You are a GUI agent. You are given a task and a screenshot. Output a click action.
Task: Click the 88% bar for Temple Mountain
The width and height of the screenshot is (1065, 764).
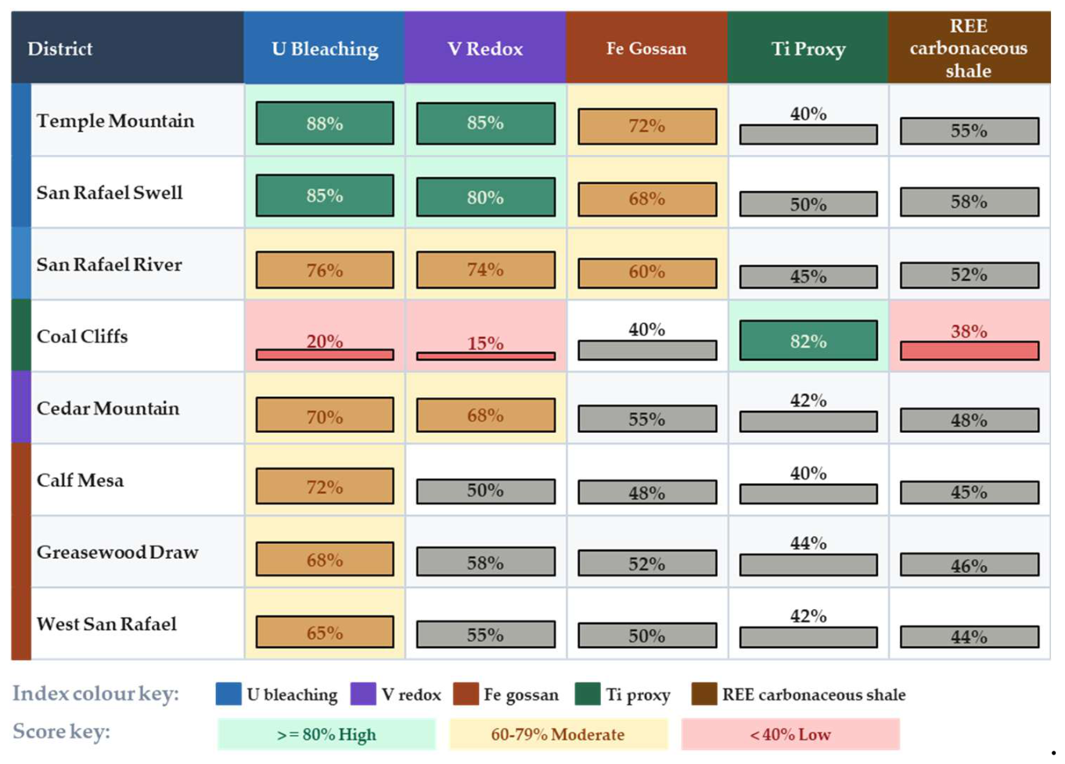325,123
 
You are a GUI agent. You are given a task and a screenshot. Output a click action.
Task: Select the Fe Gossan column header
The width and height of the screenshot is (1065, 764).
646,48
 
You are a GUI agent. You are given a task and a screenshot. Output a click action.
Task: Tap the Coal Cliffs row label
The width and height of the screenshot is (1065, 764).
82,337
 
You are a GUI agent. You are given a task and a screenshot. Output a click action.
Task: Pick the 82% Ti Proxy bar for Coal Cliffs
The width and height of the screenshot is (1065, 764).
808,341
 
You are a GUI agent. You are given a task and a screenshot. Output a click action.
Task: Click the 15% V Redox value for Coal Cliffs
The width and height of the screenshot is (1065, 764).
485,343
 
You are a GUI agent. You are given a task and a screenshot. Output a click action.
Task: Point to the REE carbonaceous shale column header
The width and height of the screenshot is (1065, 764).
969,48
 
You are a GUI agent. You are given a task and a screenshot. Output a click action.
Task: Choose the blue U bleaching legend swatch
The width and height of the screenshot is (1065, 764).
228,694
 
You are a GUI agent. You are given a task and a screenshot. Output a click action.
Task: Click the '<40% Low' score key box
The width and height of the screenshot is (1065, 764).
790,734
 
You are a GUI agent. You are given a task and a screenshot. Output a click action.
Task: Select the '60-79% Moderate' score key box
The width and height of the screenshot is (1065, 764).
558,734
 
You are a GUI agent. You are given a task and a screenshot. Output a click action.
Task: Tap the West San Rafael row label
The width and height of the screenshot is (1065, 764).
106,624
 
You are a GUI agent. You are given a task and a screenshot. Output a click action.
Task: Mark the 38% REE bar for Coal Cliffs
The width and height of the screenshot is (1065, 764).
970,351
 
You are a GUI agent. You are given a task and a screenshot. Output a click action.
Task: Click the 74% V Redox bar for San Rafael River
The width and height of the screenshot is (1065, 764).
485,270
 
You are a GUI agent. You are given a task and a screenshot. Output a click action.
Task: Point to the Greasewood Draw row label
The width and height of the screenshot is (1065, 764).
117,552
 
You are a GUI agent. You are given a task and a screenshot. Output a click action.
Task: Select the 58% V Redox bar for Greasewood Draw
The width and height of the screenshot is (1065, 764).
485,561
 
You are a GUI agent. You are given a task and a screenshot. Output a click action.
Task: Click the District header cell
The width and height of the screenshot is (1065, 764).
128,48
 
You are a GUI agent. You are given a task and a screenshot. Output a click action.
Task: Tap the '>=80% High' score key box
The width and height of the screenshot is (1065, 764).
326,734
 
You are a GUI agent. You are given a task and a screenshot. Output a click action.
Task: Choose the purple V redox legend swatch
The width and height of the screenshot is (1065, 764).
363,694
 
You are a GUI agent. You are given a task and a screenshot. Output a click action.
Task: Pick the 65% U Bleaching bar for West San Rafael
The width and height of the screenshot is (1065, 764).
325,632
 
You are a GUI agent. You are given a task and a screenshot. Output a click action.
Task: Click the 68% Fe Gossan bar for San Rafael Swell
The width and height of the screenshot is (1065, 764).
647,199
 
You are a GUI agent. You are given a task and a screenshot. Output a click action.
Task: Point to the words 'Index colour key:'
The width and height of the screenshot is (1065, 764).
95,694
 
